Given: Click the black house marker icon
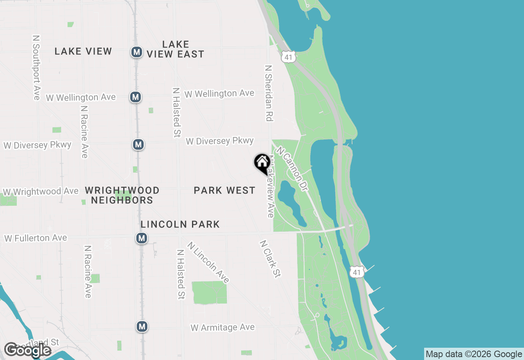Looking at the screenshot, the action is pos(262,163).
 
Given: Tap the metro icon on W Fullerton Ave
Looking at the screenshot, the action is pos(142,238).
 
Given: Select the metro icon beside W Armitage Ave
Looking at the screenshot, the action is pos(142,326).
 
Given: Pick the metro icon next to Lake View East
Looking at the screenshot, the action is pos(137,52).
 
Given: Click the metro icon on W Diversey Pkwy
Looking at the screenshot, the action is pos(138,144).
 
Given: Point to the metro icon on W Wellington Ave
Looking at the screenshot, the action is pos(136,97).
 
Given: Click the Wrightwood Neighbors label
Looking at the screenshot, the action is pos(122,195).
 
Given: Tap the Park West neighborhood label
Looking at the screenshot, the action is pos(224,190).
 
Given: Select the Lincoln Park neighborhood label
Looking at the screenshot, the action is pos(180,224).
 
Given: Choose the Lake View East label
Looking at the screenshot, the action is pos(176,49).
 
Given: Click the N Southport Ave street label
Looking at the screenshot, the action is pos(36,67).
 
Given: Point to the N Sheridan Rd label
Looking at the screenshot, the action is pos(269,93).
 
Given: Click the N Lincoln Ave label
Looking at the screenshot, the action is pos(208,262).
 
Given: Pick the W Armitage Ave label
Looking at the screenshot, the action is pos(223,328).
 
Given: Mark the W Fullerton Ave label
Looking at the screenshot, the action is pos(36,238).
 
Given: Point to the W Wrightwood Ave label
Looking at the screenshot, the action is pos(41,191).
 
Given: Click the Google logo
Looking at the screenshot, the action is pos(27,350).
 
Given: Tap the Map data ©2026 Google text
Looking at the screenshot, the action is pos(474,354).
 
